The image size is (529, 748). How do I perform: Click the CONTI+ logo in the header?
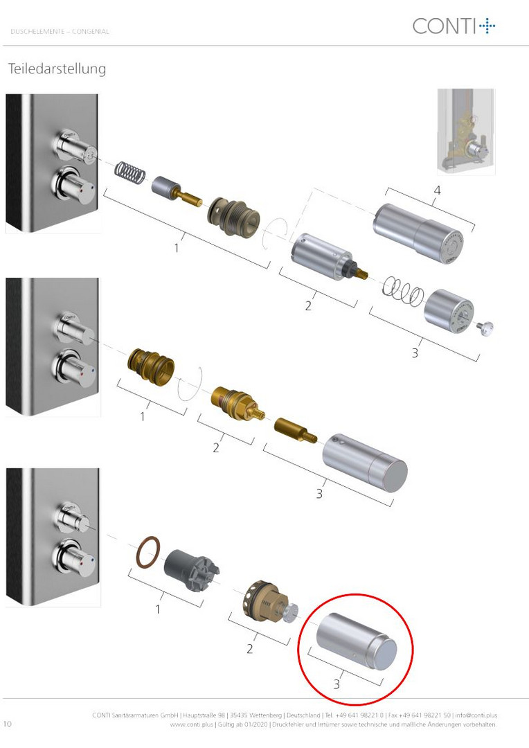point(454,26)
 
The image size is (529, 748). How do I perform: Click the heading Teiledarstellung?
point(57,69)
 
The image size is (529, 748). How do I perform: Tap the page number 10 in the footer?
point(7,724)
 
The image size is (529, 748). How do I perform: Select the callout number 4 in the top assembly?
point(437,190)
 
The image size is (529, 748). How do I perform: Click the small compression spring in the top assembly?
point(130,172)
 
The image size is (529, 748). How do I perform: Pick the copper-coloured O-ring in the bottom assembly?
point(148,552)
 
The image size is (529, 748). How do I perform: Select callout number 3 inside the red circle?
point(337,684)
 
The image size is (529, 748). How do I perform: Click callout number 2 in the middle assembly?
point(216,447)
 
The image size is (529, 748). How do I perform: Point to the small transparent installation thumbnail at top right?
point(466,132)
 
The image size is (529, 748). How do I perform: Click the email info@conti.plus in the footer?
point(476,715)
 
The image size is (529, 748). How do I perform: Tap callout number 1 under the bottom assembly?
point(158,609)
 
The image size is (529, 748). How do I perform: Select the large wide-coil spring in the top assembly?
point(403,291)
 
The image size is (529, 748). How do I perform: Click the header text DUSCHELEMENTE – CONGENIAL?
point(60,31)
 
